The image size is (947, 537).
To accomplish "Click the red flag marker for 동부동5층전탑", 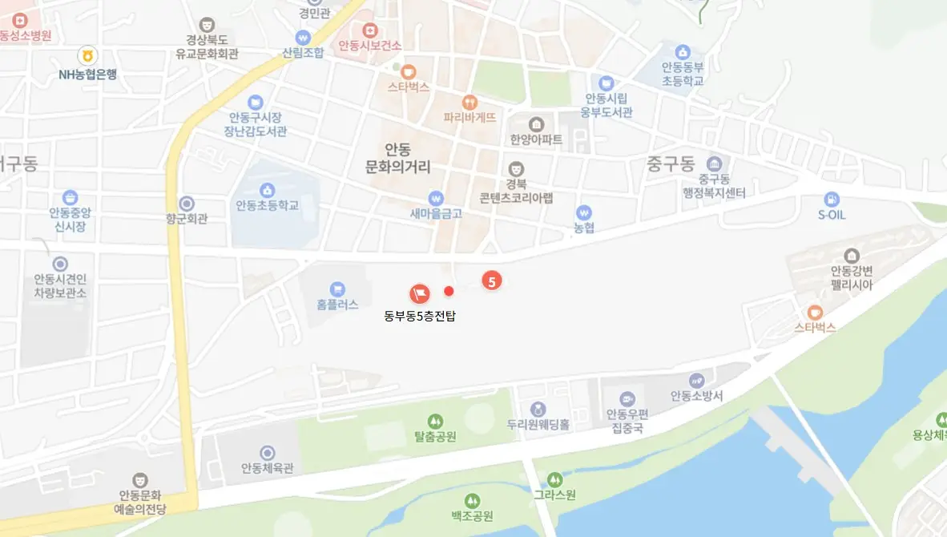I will [x=419, y=293].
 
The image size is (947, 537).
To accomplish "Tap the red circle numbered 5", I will [x=492, y=281].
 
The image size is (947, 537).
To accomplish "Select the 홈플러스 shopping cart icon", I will [x=337, y=288].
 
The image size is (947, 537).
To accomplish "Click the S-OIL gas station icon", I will [x=832, y=198].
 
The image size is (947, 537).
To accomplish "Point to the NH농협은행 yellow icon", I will [x=87, y=56].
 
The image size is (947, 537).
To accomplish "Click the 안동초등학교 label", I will [x=267, y=205].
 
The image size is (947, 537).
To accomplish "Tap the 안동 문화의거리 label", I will [x=397, y=159].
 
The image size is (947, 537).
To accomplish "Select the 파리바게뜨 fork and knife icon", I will [x=469, y=102].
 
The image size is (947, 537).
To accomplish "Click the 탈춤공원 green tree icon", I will [x=435, y=420].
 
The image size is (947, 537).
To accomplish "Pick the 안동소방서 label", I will [x=697, y=396].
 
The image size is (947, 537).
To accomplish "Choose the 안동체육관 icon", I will [x=268, y=453].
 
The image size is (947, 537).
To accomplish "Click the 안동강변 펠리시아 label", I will [x=851, y=277].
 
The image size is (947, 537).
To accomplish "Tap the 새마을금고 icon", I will [x=436, y=197].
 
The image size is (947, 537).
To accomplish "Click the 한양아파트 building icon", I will [x=536, y=124].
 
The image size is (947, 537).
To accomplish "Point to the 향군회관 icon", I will [x=187, y=204].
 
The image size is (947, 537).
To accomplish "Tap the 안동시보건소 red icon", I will [x=369, y=30].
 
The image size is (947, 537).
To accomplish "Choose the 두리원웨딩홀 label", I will [x=538, y=426].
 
